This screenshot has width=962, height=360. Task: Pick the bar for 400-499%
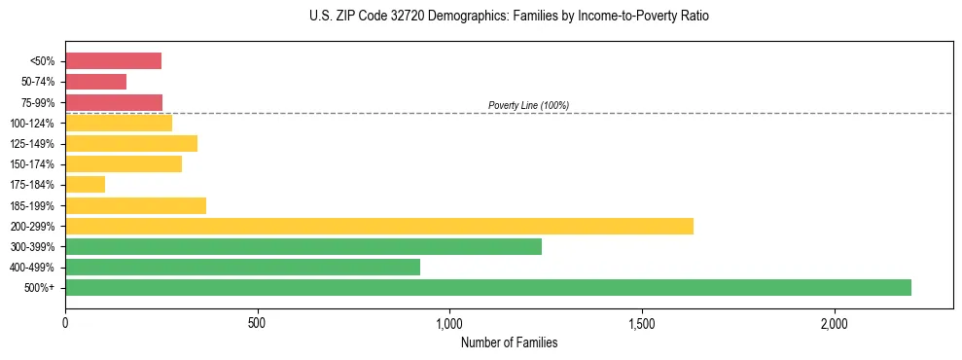(242, 267)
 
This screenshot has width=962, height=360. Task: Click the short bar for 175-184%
(85, 184)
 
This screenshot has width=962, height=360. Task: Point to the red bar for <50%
(113, 61)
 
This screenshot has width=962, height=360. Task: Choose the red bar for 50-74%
(95, 82)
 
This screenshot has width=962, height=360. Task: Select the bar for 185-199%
(135, 205)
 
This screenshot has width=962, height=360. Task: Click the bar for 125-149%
(131, 143)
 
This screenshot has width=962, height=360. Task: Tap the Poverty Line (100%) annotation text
(528, 105)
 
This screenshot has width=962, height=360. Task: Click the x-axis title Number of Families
(509, 342)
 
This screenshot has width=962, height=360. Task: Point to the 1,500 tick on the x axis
(642, 322)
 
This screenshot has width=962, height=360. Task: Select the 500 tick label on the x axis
(258, 322)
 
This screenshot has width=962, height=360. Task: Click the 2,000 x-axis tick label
(835, 322)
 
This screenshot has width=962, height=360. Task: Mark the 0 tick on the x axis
(65, 322)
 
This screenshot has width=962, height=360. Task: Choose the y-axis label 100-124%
(33, 123)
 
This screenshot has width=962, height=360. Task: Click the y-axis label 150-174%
(33, 164)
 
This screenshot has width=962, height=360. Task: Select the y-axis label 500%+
(40, 288)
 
